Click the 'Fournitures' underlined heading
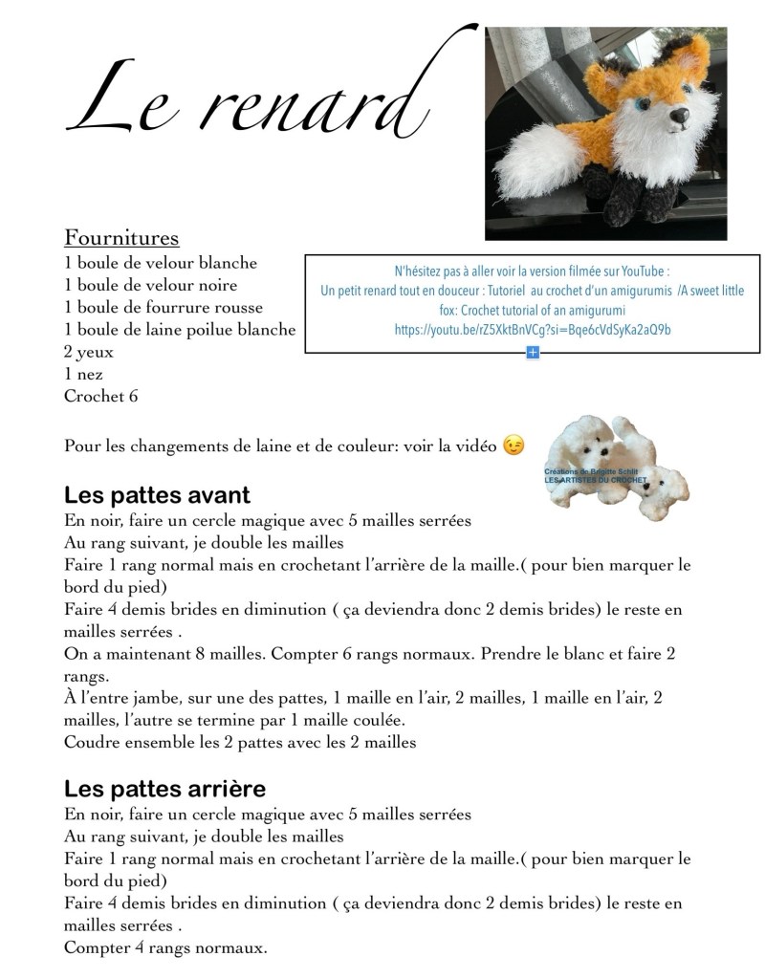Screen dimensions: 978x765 coord(121,237)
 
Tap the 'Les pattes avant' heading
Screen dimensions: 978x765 coord(157,495)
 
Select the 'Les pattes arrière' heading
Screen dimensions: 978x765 coord(164,789)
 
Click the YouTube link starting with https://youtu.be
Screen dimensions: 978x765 coord(532,330)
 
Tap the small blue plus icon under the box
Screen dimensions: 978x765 coord(533,353)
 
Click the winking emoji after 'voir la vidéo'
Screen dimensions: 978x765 coord(514,446)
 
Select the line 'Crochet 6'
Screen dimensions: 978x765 coord(100,396)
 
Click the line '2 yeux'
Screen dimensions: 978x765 coord(89,352)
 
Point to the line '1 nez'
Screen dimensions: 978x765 coord(83,374)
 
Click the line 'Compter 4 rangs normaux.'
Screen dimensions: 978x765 coord(165,948)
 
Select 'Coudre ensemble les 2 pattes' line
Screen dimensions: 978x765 coord(240,742)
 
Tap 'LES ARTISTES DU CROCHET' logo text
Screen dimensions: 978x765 coord(595,480)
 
